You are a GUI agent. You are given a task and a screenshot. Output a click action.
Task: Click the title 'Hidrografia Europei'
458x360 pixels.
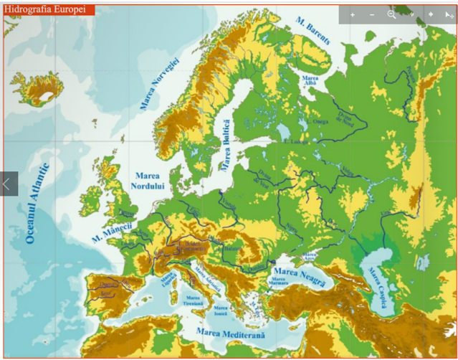(49, 9)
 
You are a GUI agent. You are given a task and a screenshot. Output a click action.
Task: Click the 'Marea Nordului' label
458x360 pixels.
(148, 180)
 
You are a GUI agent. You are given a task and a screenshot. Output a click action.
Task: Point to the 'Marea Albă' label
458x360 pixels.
(310, 80)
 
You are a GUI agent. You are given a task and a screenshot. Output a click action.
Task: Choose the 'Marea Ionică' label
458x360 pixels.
(220, 311)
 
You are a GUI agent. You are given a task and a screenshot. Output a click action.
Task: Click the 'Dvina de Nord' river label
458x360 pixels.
(346, 118)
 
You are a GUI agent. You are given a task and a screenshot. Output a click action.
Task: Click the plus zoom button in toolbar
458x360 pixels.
(353, 14)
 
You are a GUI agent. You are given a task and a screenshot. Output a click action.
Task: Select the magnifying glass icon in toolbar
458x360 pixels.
(391, 14)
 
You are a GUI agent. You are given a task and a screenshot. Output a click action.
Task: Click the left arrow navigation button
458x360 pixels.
(8, 184)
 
